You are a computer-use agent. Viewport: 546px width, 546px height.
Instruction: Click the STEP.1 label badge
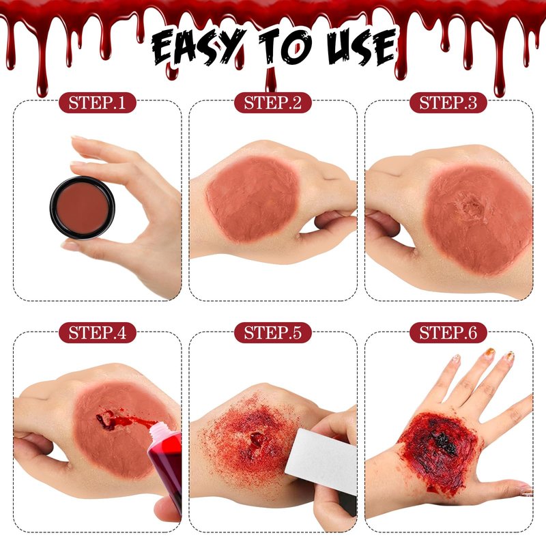click(97, 103)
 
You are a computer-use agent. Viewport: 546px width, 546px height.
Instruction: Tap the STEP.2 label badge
click(272, 103)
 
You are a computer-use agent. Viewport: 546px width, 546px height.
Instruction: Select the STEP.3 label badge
click(448, 103)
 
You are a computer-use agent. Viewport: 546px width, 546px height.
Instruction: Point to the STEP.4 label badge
click(97, 332)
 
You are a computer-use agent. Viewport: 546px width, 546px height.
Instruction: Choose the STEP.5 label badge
click(272, 332)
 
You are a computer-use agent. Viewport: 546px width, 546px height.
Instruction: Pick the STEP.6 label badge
click(448, 332)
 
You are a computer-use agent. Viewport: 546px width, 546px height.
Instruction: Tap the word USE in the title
click(362, 47)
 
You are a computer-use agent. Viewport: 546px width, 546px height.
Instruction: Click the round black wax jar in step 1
click(82, 208)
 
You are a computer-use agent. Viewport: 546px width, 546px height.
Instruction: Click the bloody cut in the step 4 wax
click(109, 420)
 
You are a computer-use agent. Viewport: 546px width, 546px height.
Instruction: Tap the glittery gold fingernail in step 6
click(490, 351)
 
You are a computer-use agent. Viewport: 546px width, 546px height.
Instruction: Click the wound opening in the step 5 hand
click(257, 440)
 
